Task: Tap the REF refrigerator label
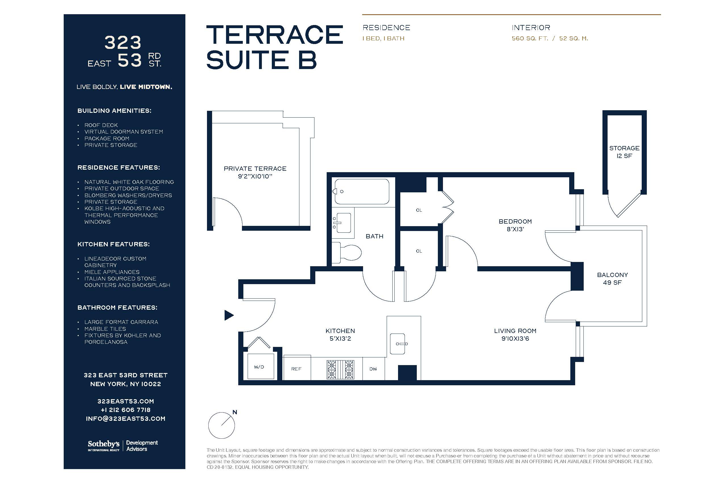(296, 369)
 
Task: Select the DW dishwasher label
(373, 369)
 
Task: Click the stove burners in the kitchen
(340, 370)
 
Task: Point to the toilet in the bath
(347, 252)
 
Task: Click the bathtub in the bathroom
(362, 191)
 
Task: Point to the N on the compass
(235, 412)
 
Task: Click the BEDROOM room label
(515, 222)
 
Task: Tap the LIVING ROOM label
(515, 331)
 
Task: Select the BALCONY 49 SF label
(612, 278)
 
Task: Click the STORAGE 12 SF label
(624, 152)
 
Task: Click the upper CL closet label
(419, 210)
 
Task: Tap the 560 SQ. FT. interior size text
(530, 39)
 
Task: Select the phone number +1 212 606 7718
(125, 410)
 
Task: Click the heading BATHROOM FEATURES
(117, 307)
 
